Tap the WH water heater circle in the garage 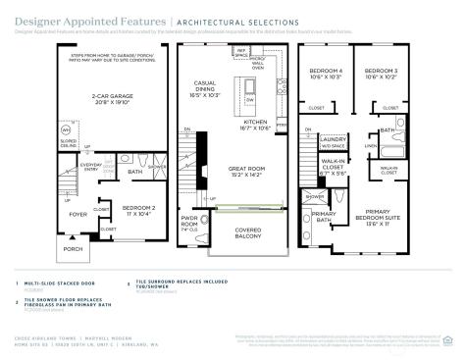37,129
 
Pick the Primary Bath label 324,217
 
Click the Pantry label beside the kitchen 281,126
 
